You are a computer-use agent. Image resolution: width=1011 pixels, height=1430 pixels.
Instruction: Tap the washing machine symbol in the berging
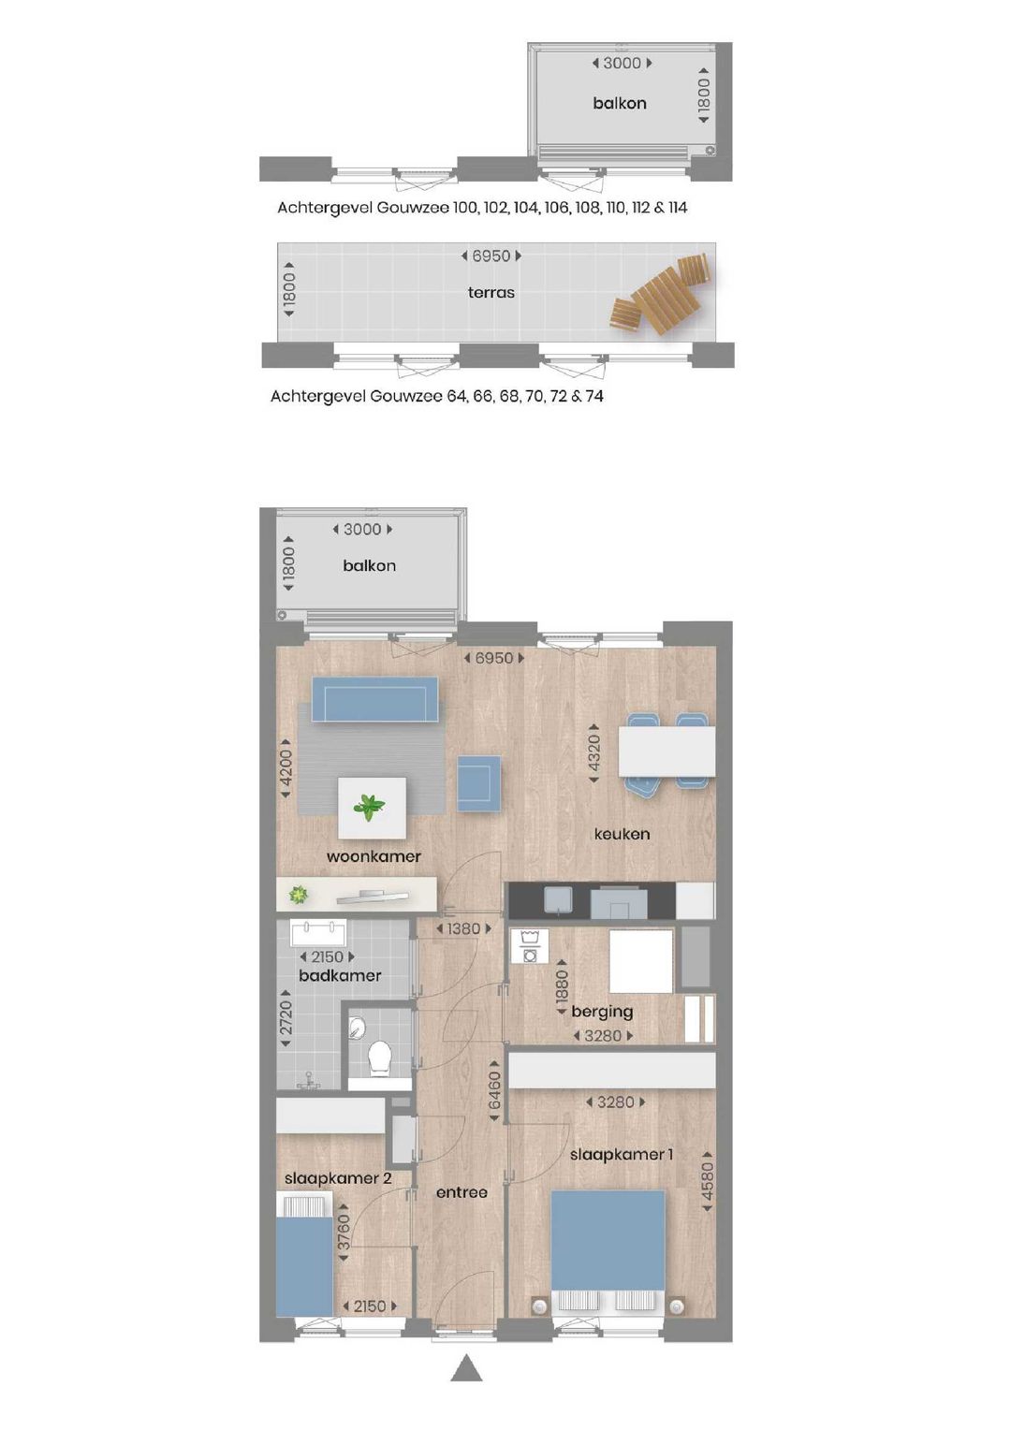[530, 945]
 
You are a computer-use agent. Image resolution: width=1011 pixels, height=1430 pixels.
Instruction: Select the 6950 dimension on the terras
[491, 256]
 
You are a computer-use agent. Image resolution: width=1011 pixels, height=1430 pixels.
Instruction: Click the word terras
[491, 293]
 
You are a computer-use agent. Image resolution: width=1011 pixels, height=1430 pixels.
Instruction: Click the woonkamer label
[374, 856]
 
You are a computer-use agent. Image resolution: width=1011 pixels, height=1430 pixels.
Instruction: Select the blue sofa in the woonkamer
[374, 699]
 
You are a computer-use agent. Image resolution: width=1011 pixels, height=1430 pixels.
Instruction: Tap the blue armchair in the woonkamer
[479, 782]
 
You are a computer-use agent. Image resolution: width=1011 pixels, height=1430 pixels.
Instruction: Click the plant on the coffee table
[369, 807]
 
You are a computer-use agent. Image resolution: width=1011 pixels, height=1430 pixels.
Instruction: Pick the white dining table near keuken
[667, 752]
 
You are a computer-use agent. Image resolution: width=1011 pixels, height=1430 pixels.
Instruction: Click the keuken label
[622, 834]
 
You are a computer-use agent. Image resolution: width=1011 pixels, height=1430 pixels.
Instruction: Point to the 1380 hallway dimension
[463, 929]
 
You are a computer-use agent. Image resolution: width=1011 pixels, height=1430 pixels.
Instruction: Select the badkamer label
[340, 975]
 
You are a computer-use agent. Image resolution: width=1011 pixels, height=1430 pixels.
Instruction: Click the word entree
[462, 1192]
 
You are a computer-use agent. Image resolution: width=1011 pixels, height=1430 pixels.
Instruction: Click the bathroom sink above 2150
[318, 934]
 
